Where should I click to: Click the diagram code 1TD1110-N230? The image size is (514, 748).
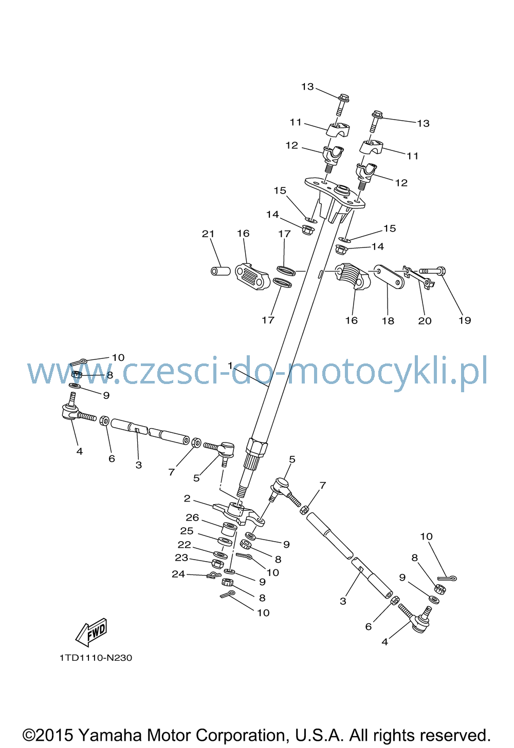click(96, 658)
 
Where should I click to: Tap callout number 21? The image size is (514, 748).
click(208, 234)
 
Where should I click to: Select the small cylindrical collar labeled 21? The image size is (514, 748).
click(221, 271)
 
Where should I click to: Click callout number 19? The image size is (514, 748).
click(465, 320)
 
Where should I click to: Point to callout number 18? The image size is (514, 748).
click(388, 320)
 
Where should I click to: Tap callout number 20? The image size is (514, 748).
click(425, 320)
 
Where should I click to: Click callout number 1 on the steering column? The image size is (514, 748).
click(230, 366)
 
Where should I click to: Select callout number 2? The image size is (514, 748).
click(187, 498)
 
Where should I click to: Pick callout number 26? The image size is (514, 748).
click(192, 517)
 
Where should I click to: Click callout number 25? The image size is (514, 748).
click(187, 531)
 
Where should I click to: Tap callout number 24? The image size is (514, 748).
click(178, 573)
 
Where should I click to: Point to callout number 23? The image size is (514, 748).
click(181, 558)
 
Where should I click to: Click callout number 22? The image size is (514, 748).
click(184, 545)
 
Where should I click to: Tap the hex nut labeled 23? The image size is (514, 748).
click(217, 564)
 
